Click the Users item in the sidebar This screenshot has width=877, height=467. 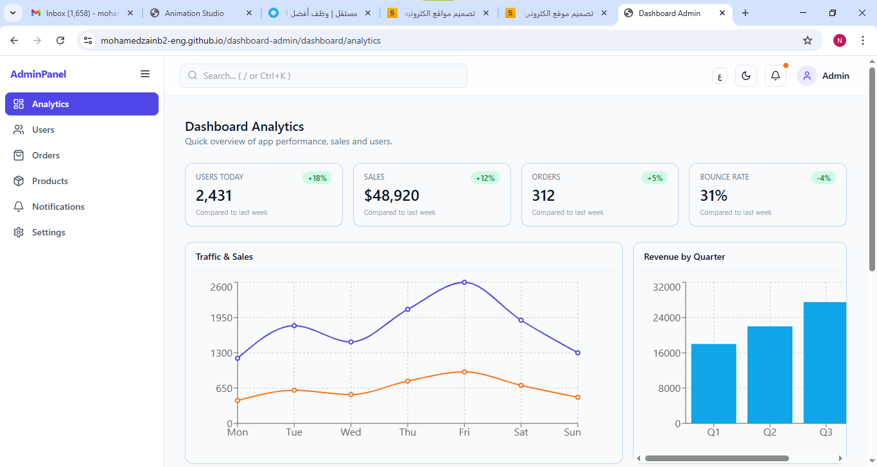[x=43, y=130]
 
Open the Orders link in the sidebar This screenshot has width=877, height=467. [x=46, y=155]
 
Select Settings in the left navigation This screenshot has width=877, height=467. [x=48, y=232]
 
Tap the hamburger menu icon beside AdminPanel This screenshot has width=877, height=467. [x=145, y=74]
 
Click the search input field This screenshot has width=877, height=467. [x=324, y=76]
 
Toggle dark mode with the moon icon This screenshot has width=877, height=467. [x=746, y=76]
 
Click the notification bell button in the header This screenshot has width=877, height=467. [x=776, y=76]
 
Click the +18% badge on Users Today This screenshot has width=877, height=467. [x=317, y=178]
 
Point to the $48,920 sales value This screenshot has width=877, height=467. [x=392, y=196]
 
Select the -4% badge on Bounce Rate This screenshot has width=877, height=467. [x=824, y=178]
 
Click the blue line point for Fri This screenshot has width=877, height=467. [x=464, y=282]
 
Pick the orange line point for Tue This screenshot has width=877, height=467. [x=294, y=390]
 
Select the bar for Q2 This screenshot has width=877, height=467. [x=770, y=375]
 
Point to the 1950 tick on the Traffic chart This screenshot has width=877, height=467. [x=221, y=318]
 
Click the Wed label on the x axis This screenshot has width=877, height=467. [x=351, y=432]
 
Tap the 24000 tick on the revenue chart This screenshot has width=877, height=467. [x=666, y=318]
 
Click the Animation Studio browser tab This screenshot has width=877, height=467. [x=194, y=13]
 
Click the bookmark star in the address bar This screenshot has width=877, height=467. [x=808, y=40]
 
